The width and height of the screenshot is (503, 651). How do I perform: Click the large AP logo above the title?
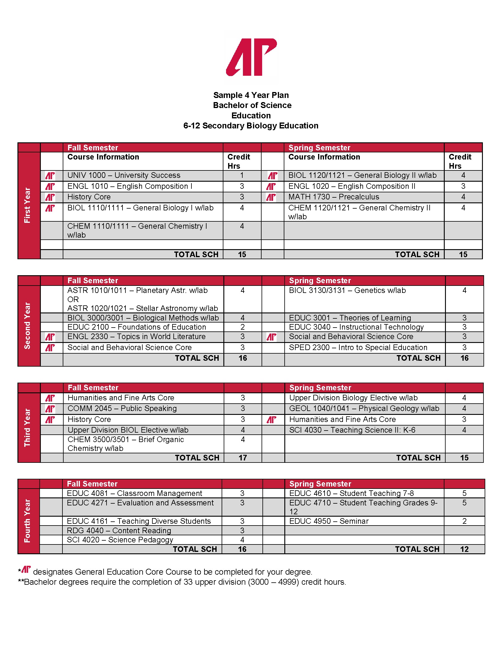[251, 57]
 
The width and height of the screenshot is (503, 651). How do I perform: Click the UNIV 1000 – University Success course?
[124, 175]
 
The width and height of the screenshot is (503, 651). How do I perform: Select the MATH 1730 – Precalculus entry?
[333, 197]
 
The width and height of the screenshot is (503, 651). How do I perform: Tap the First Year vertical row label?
[28, 205]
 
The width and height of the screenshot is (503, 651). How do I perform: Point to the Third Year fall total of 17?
[243, 457]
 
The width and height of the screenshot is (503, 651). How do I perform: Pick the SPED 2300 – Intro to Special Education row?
[358, 347]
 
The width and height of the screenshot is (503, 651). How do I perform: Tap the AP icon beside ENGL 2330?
[50, 337]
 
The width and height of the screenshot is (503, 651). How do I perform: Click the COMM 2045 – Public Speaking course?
[122, 408]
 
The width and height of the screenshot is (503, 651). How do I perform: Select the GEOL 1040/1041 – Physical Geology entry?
[364, 408]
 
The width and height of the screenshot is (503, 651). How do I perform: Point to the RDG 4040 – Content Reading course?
[119, 530]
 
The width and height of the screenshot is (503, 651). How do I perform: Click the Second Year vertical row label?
[28, 325]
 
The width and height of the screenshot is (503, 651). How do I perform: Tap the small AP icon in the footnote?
[26, 569]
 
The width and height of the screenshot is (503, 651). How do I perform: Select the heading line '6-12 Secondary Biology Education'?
[251, 126]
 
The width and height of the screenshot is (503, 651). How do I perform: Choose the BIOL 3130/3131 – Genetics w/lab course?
[347, 290]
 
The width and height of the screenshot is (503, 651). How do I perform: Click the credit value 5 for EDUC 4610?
[464, 493]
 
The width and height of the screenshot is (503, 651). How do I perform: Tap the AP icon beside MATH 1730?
[271, 197]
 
